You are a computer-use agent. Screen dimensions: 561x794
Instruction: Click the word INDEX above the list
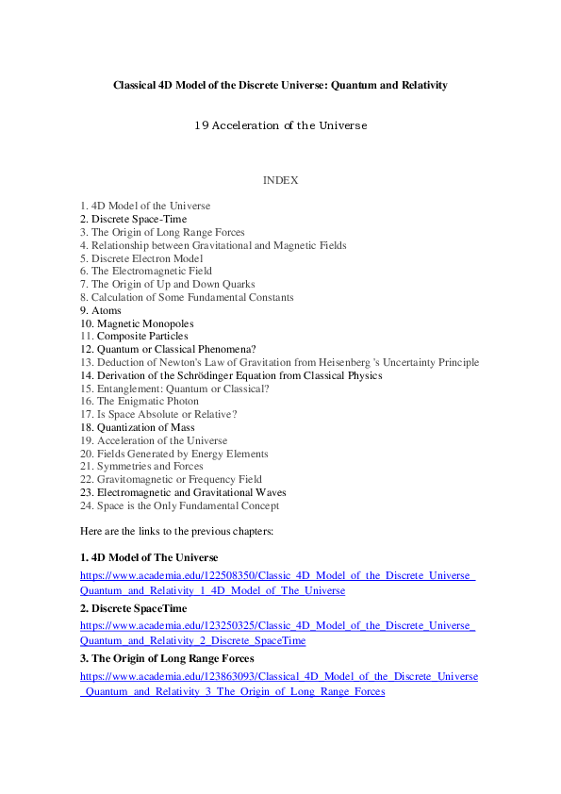pyautogui.click(x=280, y=180)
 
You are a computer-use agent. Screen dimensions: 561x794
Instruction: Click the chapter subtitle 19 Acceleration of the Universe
pyautogui.click(x=280, y=125)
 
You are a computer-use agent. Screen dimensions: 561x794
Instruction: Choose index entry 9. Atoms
pyautogui.click(x=101, y=310)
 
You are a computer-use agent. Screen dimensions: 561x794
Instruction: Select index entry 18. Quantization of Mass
pyautogui.click(x=137, y=427)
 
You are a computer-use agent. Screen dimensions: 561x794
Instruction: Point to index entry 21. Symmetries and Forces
pyautogui.click(x=141, y=466)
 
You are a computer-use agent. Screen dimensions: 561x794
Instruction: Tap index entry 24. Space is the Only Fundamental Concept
pyautogui.click(x=179, y=505)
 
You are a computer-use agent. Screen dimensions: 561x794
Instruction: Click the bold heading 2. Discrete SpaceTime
pyautogui.click(x=133, y=608)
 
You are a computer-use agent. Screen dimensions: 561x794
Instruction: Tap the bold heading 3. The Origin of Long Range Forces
pyautogui.click(x=166, y=658)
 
